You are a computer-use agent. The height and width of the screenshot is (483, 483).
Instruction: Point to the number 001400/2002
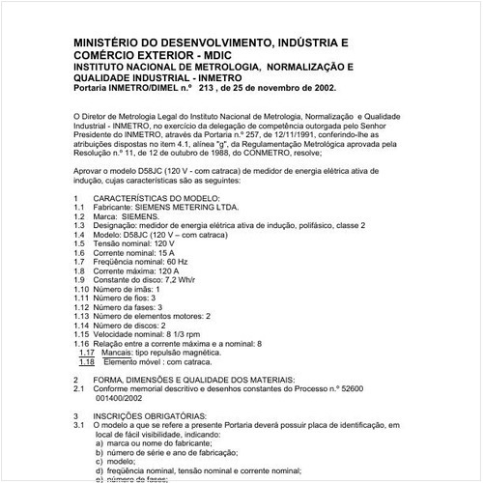point(124,398)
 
